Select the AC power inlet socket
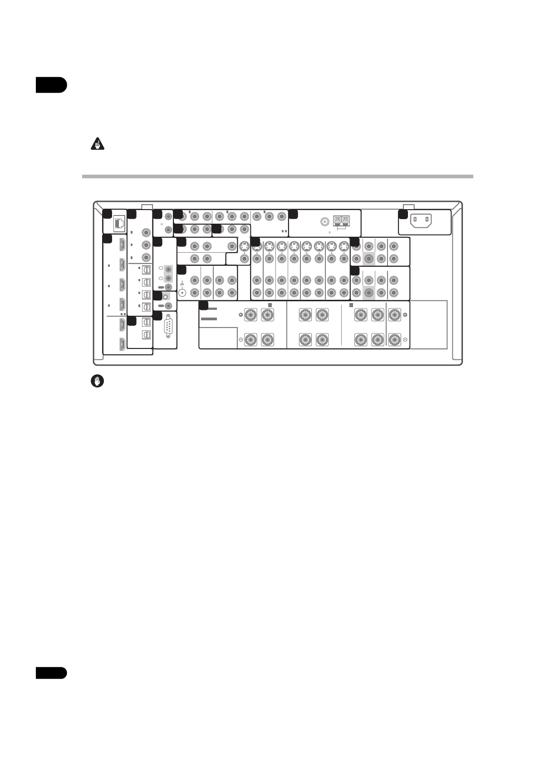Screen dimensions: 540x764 [x=421, y=221]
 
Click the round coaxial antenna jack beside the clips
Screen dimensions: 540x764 [x=325, y=222]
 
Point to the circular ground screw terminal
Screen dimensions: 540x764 [x=183, y=292]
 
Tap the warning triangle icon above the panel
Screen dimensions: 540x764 [x=97, y=145]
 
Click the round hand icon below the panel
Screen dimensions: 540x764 [x=97, y=382]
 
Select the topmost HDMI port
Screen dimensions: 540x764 [x=123, y=245]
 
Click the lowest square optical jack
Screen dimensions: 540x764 [x=146, y=335]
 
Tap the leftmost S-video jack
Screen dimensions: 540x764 [x=244, y=246]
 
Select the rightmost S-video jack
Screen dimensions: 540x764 [x=344, y=246]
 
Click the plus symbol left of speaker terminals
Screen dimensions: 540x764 [x=241, y=314]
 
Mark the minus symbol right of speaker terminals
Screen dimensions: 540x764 [x=405, y=339]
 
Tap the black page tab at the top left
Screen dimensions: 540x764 [x=51, y=85]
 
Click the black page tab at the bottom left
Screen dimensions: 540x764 [x=51, y=673]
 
